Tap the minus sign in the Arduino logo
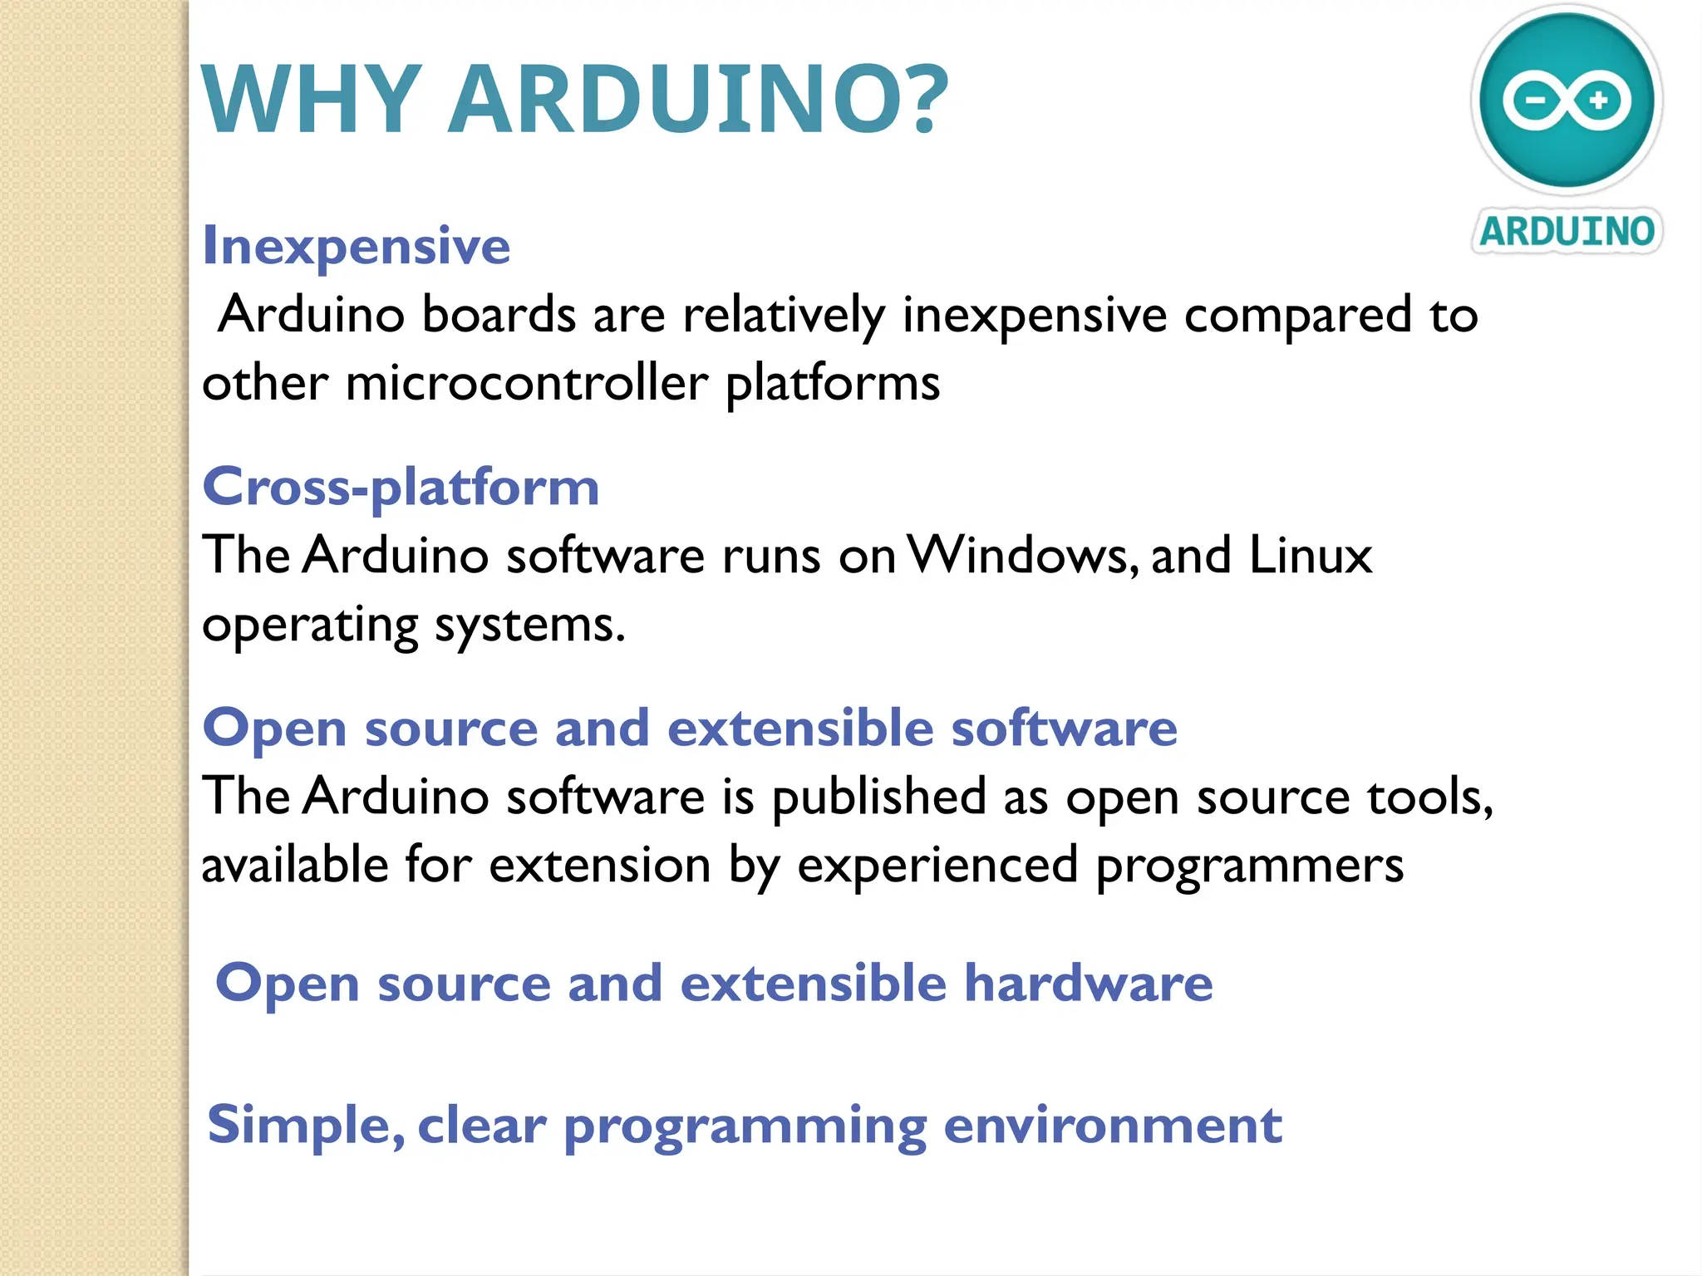1536,101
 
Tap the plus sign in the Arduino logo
1598,101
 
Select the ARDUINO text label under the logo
1567,231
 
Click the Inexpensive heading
357,246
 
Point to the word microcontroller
527,383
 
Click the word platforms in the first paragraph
833,385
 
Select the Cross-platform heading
401,488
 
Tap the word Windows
1022,555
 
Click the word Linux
1311,555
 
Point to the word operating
310,626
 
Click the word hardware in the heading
1088,984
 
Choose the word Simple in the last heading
305,1126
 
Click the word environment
1113,1126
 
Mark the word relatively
784,316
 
